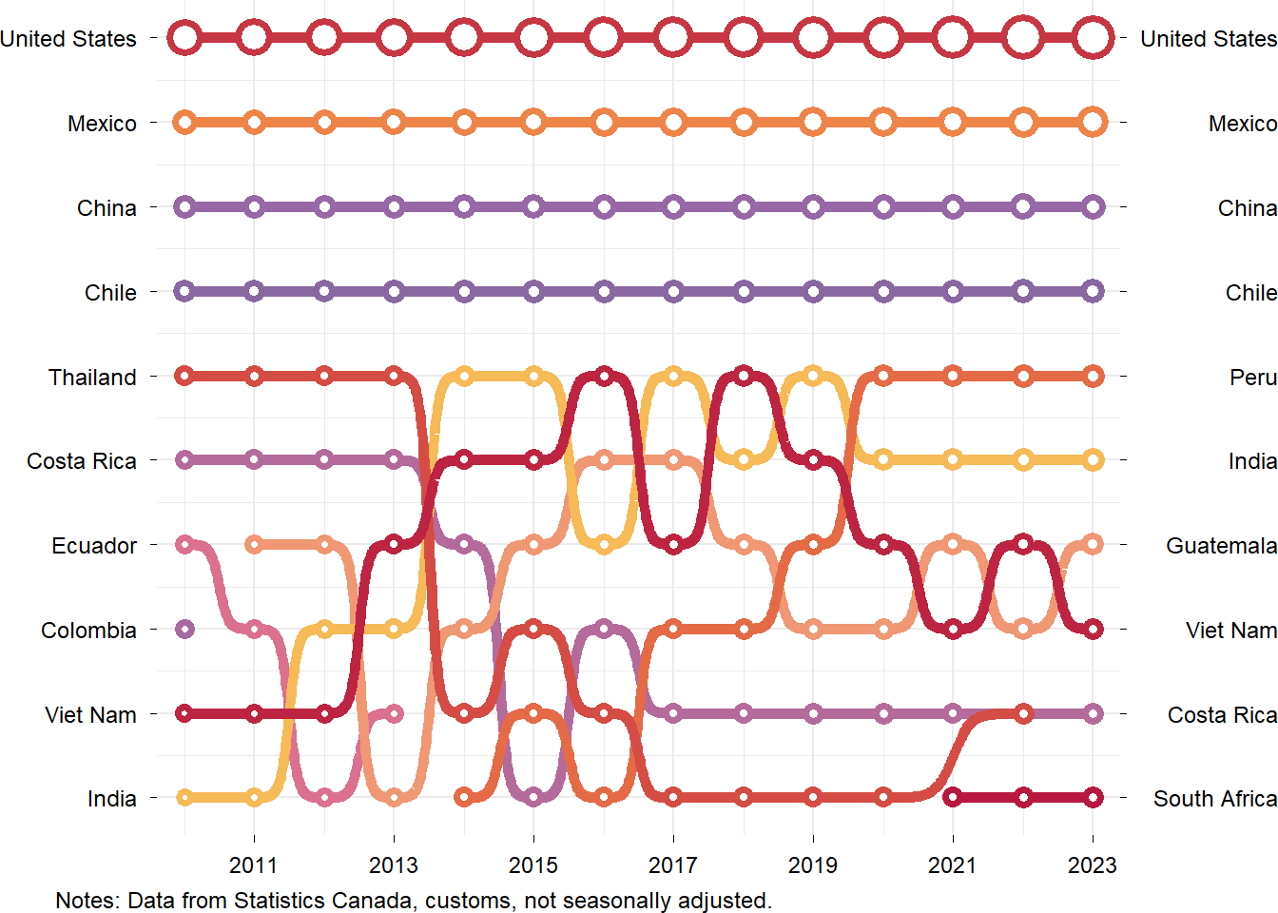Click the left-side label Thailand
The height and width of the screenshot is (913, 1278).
92,378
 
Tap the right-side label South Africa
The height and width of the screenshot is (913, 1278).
1214,799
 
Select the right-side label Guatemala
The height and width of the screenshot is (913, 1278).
1221,546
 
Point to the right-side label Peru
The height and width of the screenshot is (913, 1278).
1252,378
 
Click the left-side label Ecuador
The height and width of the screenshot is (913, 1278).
94,546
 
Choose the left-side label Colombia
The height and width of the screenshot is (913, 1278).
88,631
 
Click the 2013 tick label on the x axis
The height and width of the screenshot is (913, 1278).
394,864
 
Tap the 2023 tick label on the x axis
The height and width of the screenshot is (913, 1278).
1093,864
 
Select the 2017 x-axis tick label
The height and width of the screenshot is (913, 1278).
673,864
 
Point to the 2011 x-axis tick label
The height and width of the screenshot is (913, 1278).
254,864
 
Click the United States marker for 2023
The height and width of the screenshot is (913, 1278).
1093,38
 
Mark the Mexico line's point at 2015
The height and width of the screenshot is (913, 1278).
533,122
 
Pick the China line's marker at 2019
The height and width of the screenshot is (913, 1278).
813,206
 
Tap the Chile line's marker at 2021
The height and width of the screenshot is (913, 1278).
953,291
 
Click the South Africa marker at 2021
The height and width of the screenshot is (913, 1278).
953,797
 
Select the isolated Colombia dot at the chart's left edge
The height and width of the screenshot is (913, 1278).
184,629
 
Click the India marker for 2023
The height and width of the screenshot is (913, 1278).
1093,460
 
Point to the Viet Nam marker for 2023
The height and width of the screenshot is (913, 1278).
1093,629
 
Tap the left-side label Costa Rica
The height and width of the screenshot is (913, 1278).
82,461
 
